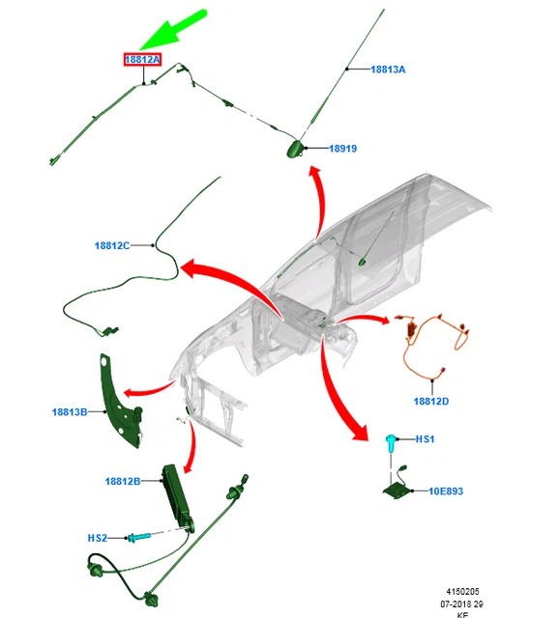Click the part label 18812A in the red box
pos(142,60)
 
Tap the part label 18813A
pos(388,70)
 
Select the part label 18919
pos(343,149)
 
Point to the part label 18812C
pos(112,245)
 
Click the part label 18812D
pos(431,402)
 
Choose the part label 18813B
pos(70,412)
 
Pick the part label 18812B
pos(123,481)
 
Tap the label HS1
pos(426,439)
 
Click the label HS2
pos(97,538)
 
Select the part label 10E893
pos(446,492)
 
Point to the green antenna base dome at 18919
pos(295,149)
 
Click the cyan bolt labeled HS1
pos(391,442)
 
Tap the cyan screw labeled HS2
pos(138,537)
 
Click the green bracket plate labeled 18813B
pos(119,402)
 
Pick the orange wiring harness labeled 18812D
pos(434,347)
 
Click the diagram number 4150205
pos(462,592)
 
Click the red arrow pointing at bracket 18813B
pos(150,389)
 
